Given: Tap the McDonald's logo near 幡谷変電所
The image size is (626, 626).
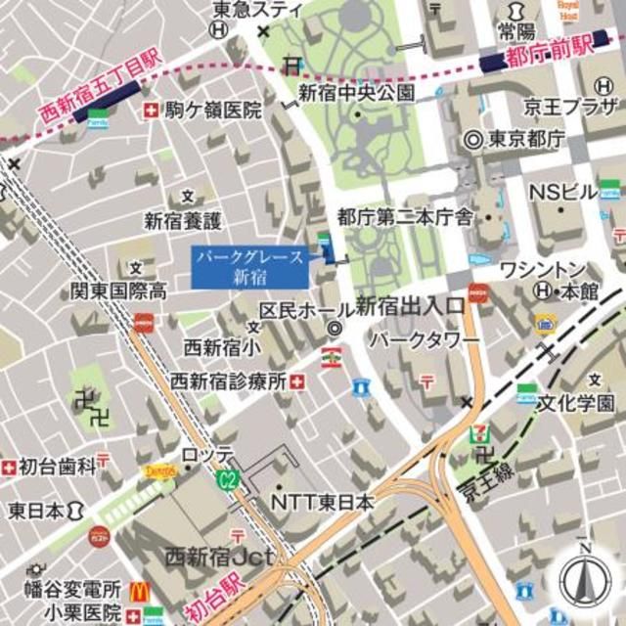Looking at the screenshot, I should point(139,591).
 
